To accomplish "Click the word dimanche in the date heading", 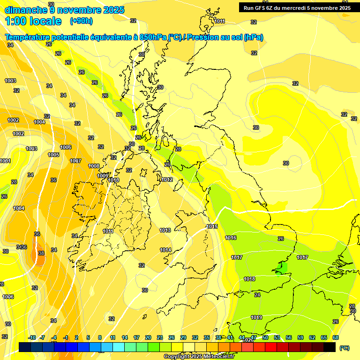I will coord(25,9).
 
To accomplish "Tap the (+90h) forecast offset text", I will coord(81,21).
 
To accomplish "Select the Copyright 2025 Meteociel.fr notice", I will coord(199,356).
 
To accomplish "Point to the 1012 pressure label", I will coord(166,180).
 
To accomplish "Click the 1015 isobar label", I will coord(212,226).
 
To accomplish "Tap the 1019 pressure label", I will coord(256,317).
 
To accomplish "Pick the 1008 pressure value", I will coord(94,166).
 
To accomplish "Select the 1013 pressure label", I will coord(165,230).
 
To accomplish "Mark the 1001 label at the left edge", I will coord(5,161).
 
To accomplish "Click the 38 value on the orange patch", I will coord(41,253).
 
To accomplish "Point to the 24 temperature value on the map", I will coord(257,295).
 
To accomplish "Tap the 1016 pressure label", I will coord(231,238).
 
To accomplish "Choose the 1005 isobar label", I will coord(53,154).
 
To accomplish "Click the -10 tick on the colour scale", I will coord(32,337).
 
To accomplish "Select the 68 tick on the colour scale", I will coord(336,337).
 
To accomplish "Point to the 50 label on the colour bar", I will coord(265,337).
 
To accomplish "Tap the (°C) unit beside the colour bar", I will coord(344,348).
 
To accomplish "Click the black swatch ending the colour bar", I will coord(330,347).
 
